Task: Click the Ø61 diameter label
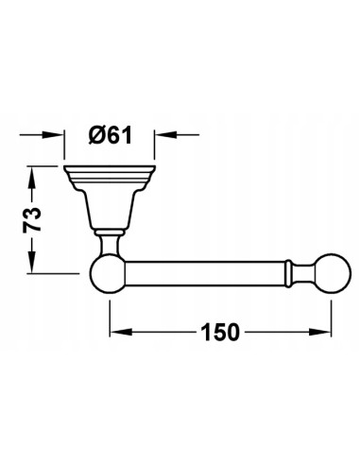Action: click(111, 136)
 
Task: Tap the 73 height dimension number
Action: click(32, 219)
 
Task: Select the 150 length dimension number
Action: click(220, 332)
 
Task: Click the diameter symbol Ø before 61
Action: click(96, 136)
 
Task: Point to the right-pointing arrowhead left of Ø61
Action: click(54, 134)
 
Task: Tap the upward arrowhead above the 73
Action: click(31, 177)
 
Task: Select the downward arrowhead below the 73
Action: click(31, 263)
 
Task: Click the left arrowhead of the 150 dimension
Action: click(121, 332)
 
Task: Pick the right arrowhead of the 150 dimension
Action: click(320, 332)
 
